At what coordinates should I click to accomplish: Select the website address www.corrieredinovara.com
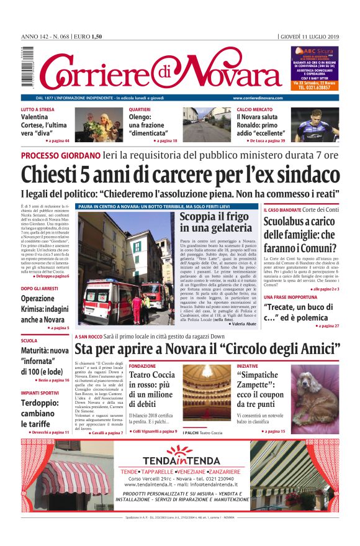point(258,98)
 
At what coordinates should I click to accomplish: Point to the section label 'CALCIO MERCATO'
point(254,109)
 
